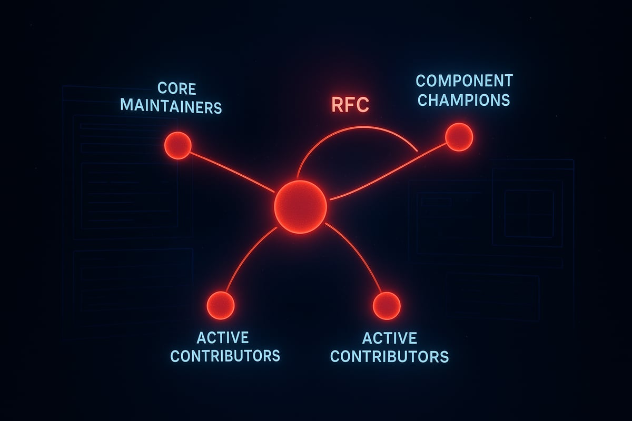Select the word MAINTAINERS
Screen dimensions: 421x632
click(x=171, y=106)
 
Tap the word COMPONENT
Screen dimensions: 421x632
click(x=464, y=81)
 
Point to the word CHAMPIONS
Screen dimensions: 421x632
click(x=463, y=99)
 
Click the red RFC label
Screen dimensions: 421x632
click(x=350, y=105)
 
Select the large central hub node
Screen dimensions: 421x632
click(x=301, y=206)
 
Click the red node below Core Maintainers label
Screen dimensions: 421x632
click(x=177, y=145)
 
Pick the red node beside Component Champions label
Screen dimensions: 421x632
click(x=459, y=137)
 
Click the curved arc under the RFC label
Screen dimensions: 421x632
click(x=358, y=130)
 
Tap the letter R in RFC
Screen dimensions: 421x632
click(x=338, y=105)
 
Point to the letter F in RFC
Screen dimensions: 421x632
click(x=350, y=105)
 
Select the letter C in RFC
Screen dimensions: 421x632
click(x=363, y=105)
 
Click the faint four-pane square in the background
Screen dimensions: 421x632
click(x=529, y=213)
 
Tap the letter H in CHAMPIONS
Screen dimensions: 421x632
click(x=433, y=99)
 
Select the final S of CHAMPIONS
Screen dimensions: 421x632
click(x=505, y=99)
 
